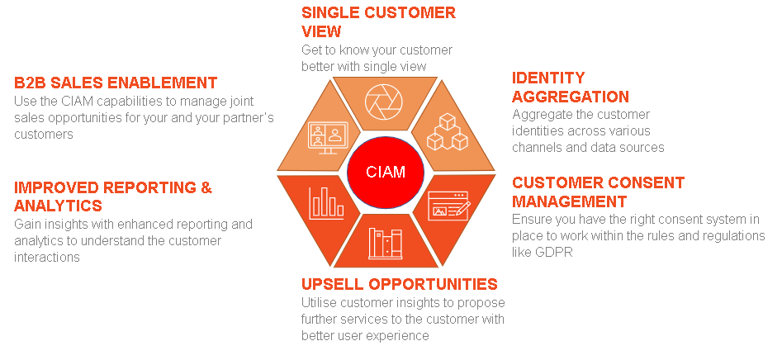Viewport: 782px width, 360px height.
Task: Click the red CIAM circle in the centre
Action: click(x=387, y=172)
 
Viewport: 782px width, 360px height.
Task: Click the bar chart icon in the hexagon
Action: click(x=325, y=201)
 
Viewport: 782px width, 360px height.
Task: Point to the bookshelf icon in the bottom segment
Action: click(x=386, y=244)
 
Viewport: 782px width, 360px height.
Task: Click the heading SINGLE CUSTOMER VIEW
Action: click(x=377, y=21)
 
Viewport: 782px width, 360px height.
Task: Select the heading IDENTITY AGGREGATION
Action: click(x=570, y=87)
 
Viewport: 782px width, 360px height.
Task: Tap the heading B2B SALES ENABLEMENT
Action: click(x=116, y=83)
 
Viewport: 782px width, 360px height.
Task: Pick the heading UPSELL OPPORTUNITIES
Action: click(x=399, y=284)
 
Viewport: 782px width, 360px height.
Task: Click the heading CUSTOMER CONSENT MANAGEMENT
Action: click(x=598, y=192)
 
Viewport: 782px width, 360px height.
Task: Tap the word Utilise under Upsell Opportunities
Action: click(x=320, y=303)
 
